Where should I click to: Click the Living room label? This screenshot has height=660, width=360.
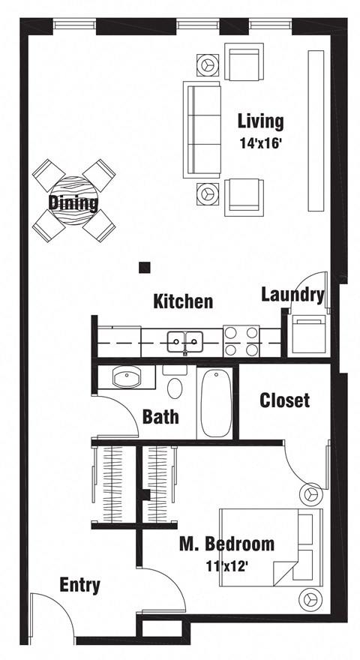pos(260,121)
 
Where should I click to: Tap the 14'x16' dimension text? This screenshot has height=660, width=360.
pos(260,143)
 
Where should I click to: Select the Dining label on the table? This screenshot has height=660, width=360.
pos(73,202)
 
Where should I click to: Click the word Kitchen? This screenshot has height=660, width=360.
pos(183,301)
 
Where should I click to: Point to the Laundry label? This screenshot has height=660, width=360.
pos(292,294)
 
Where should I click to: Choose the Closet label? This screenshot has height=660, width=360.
pos(284,400)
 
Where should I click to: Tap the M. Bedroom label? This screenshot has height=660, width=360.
pos(226,543)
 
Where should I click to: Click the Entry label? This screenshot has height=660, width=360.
pos(79,585)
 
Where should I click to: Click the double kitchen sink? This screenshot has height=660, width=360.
pos(184,343)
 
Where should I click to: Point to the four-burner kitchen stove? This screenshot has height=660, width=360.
pos(241,341)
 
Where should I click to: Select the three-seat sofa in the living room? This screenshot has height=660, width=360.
pos(202,129)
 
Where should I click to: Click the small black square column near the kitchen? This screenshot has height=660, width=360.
pos(145,266)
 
